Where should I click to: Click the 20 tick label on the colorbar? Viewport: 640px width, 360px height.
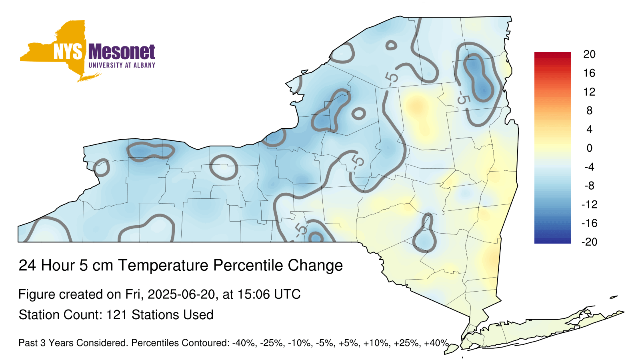click(x=589, y=54)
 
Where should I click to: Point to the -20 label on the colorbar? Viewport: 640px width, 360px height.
click(x=590, y=242)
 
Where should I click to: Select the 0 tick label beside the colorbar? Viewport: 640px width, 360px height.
click(x=589, y=148)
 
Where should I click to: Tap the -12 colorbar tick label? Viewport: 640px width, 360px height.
click(x=590, y=204)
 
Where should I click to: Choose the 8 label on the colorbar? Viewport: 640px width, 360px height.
click(x=589, y=110)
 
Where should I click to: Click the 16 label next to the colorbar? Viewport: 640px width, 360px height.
click(x=589, y=73)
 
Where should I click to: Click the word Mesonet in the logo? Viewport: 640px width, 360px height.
click(x=122, y=52)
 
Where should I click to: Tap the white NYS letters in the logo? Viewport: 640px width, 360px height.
click(x=68, y=52)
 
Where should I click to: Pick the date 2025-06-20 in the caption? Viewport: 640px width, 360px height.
click(x=181, y=294)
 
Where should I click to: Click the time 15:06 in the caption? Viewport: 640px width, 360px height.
click(x=253, y=294)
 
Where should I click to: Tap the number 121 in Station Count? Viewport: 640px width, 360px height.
click(x=116, y=315)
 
